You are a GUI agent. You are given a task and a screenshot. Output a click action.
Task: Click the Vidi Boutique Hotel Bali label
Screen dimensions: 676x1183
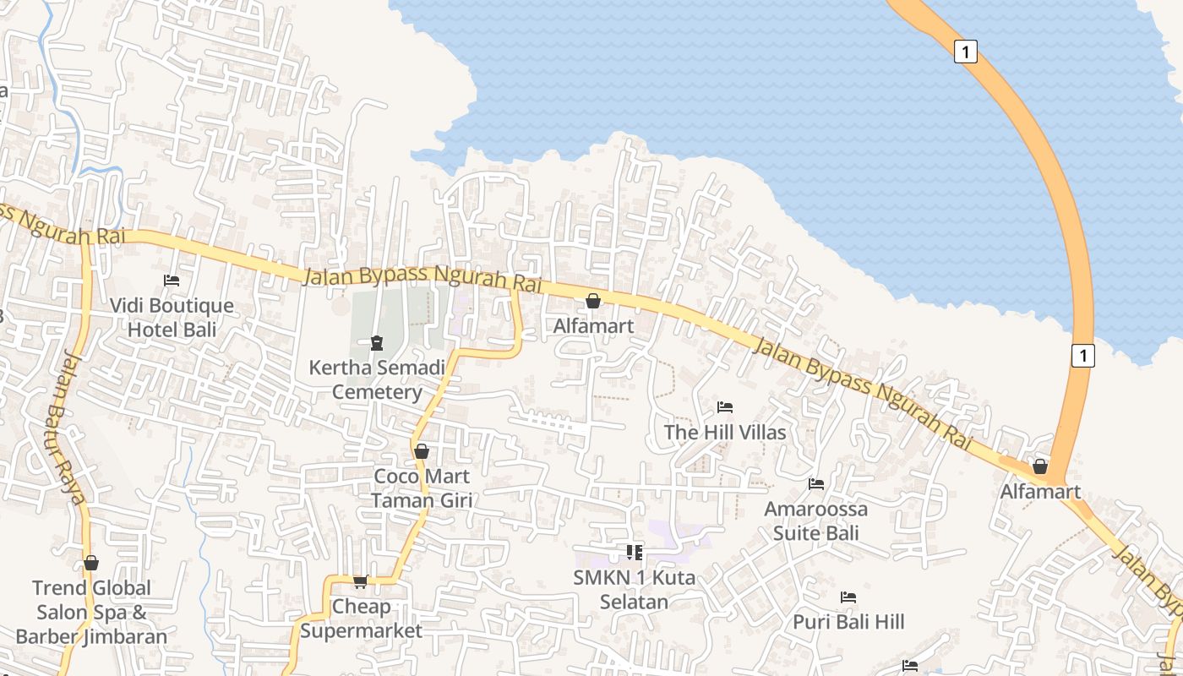click(x=172, y=318)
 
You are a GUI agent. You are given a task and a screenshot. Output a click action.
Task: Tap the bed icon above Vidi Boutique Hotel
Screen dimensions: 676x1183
click(x=172, y=280)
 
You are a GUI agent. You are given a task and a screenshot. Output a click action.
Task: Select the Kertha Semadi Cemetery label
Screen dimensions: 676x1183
click(x=377, y=380)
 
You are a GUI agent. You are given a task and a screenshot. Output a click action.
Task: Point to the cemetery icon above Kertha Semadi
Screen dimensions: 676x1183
click(x=376, y=342)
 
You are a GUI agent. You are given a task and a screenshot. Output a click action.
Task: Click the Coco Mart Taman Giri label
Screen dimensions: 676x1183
click(x=422, y=488)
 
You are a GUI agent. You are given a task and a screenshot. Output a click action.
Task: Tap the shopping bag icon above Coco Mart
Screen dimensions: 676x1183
click(x=422, y=451)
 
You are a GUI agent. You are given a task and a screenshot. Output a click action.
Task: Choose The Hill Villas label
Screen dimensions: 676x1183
click(x=725, y=433)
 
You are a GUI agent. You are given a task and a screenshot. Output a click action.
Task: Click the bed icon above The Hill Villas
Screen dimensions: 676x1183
click(x=725, y=406)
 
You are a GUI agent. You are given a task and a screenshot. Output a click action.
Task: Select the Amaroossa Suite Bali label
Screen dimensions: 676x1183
click(x=816, y=521)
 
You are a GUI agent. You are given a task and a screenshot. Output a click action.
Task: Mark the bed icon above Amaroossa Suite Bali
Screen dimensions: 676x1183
click(x=816, y=484)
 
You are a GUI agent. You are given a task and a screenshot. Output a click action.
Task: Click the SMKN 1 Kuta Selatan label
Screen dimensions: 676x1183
click(x=635, y=590)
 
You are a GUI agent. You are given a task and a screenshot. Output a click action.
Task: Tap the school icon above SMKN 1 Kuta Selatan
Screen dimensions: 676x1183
click(x=635, y=553)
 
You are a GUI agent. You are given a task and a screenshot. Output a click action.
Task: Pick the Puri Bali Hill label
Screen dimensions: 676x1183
click(x=848, y=622)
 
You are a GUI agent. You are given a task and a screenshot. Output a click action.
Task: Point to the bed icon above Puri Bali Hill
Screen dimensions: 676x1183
click(x=848, y=597)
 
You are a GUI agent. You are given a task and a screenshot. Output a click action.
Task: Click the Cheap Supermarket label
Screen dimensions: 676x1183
click(x=361, y=619)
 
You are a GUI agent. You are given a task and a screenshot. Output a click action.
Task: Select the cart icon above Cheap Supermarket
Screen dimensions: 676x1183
click(x=361, y=581)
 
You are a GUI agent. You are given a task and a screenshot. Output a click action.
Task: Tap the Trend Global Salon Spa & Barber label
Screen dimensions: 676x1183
click(x=91, y=612)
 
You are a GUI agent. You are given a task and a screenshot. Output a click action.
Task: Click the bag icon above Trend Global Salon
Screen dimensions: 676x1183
click(x=91, y=563)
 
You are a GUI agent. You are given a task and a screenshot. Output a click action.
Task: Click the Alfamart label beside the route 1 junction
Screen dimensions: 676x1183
click(x=1040, y=492)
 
